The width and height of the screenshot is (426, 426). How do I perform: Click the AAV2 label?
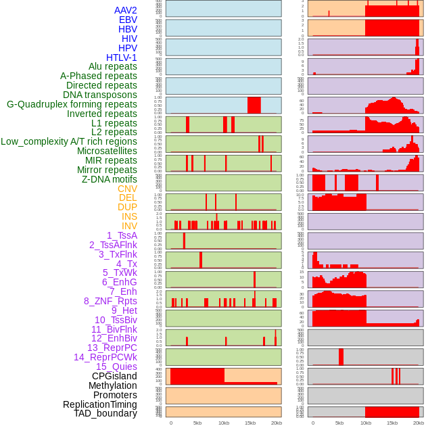tap(126, 10)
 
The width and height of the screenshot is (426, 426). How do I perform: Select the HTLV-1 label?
tap(122, 57)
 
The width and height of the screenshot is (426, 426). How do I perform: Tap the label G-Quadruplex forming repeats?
tap(72, 104)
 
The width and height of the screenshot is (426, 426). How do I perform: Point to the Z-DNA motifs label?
tap(110, 179)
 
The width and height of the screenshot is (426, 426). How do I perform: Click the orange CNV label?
tap(127, 189)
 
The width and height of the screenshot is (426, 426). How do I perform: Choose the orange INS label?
tap(129, 216)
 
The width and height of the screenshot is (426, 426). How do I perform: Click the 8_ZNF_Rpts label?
tap(110, 301)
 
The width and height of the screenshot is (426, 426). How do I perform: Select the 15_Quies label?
tap(116, 366)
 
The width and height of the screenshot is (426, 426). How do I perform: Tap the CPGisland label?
tap(114, 376)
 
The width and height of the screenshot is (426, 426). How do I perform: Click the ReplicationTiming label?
tap(100, 404)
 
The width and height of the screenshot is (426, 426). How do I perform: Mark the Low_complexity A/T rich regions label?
tap(69, 141)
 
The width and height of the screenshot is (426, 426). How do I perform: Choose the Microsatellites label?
tap(107, 151)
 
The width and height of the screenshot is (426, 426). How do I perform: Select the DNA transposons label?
tap(100, 95)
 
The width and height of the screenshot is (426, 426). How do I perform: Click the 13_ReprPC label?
tap(112, 348)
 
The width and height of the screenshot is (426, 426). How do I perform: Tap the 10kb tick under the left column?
tap(224, 423)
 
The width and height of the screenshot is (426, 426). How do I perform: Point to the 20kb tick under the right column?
tap(419, 423)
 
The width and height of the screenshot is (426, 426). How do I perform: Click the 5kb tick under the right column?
tap(339, 423)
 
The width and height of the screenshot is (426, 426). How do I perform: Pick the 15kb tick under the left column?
tap(250, 423)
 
